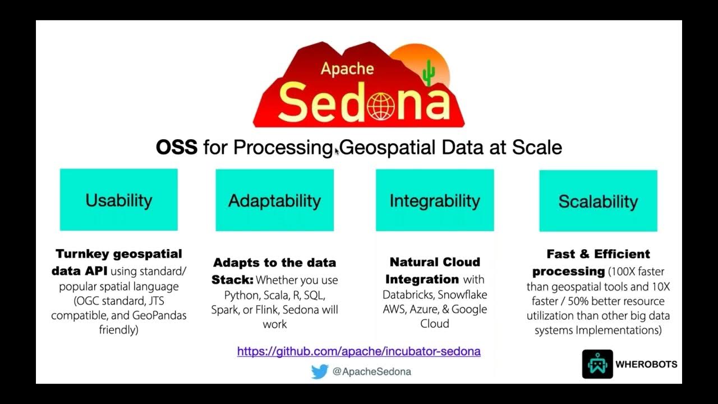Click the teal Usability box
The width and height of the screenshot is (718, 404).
point(118,200)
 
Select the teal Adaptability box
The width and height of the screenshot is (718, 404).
point(274,200)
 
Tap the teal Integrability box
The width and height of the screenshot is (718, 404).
point(435,200)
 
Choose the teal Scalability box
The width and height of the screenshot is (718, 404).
point(598,201)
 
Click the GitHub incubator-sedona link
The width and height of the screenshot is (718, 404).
point(358,351)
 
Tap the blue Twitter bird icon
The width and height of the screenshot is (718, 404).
point(319,371)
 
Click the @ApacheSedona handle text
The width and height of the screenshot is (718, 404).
point(371,371)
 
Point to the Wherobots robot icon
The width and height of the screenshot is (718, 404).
point(597,364)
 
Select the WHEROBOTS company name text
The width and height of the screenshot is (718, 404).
point(646,364)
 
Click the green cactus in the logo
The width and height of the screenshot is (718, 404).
point(429,73)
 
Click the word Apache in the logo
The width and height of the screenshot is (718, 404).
point(347,68)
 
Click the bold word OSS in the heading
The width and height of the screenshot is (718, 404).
point(176,147)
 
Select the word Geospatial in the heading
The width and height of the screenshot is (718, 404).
point(388,147)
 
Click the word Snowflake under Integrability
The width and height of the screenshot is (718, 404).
point(462,295)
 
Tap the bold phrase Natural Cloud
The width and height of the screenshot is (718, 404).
point(435,262)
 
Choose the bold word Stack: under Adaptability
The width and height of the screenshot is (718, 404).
point(232,279)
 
